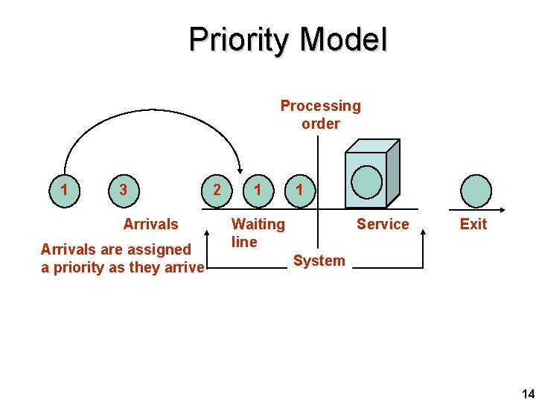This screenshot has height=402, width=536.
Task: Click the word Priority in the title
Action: tap(237, 40)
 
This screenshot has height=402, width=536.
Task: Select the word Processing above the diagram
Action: tap(320, 106)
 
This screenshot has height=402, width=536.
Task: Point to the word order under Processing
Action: tap(320, 124)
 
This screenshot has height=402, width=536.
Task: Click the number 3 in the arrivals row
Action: tap(123, 190)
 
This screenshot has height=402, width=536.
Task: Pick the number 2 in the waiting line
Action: tap(217, 190)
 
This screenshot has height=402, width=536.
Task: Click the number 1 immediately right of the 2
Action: tap(258, 190)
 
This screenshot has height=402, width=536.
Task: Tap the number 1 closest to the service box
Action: tap(299, 190)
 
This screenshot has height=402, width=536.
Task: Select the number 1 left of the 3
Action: tap(65, 190)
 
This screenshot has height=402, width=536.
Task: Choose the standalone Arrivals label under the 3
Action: tap(150, 224)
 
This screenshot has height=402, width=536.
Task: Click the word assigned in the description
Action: tap(159, 249)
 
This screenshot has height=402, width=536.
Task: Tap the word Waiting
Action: tap(258, 223)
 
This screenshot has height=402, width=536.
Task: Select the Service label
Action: tap(383, 224)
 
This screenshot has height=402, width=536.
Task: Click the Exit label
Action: tap(473, 224)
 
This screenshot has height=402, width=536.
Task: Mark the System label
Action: tap(319, 261)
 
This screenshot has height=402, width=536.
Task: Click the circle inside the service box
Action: tap(366, 180)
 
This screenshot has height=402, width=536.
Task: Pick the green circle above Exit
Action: tap(476, 191)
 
